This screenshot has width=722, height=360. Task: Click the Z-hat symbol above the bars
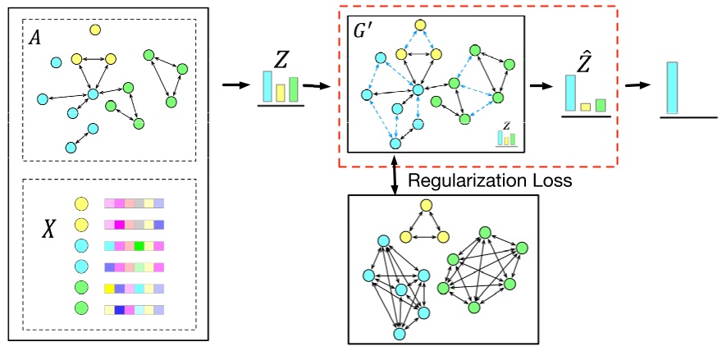point(585,58)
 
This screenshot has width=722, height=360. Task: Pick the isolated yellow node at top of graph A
point(95,30)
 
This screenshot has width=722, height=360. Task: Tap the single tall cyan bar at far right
point(673,87)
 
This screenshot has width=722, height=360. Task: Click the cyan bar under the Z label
point(267,86)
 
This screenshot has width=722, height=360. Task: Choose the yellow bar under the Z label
point(281,92)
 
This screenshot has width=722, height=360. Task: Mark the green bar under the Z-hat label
point(600,105)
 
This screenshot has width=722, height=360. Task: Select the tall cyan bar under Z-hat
point(570,93)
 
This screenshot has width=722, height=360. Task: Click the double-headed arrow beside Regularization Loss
point(395,173)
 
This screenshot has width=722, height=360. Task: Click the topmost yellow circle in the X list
point(81,203)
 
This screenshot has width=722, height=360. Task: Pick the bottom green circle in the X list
point(81,308)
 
